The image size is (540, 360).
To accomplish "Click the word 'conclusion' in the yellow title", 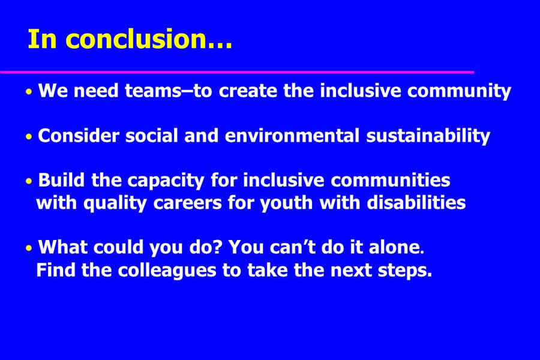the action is [136, 38].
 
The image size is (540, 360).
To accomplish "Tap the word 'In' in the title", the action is [42, 38].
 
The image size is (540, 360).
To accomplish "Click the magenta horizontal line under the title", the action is [237, 72].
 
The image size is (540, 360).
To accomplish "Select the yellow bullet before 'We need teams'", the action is [29, 92].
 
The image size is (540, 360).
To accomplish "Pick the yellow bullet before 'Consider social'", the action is [29, 137].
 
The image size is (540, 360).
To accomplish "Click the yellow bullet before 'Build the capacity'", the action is [29, 181].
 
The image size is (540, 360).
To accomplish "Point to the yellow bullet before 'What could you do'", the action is [29, 248].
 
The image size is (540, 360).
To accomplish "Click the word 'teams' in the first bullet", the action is [153, 91].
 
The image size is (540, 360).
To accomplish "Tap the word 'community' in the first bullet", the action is [459, 91].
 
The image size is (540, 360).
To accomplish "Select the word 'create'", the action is [248, 91].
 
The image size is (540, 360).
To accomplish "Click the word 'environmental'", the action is [292, 136].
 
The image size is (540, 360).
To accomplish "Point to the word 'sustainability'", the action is [428, 136].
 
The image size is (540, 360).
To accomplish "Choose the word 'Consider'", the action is [79, 136].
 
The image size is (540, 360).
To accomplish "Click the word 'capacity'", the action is [166, 181].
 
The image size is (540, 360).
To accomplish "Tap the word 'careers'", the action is [187, 203].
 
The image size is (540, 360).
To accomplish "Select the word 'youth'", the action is [286, 203].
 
